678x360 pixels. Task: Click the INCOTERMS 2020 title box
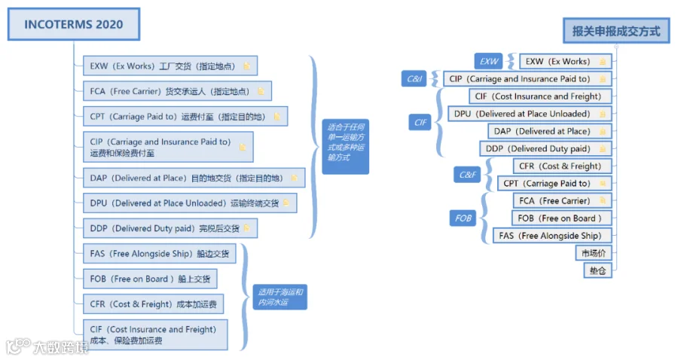click(x=74, y=24)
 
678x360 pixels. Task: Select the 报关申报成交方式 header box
click(x=616, y=31)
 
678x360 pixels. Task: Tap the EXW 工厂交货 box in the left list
click(x=170, y=66)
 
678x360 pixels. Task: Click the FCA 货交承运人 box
click(x=177, y=91)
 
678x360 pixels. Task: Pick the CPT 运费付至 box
click(x=185, y=116)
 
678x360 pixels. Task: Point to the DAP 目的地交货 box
click(x=194, y=178)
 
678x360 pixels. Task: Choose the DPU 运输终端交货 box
click(x=190, y=203)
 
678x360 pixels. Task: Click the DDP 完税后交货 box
click(x=170, y=228)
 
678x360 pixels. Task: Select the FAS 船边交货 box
click(x=160, y=254)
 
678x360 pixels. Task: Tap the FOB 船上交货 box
click(x=150, y=279)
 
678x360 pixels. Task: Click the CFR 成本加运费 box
click(x=153, y=304)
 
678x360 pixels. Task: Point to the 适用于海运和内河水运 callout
click(x=280, y=297)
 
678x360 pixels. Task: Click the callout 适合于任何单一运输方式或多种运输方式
click(x=346, y=147)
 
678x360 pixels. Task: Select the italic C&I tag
click(x=414, y=78)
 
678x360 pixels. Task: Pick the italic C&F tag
click(x=467, y=175)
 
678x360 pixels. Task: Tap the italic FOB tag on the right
click(x=463, y=218)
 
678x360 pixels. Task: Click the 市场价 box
click(x=594, y=253)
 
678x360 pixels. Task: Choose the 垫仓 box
click(x=597, y=270)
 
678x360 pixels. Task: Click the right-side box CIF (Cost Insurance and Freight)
click(x=540, y=96)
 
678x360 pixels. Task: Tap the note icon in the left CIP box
click(x=243, y=147)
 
